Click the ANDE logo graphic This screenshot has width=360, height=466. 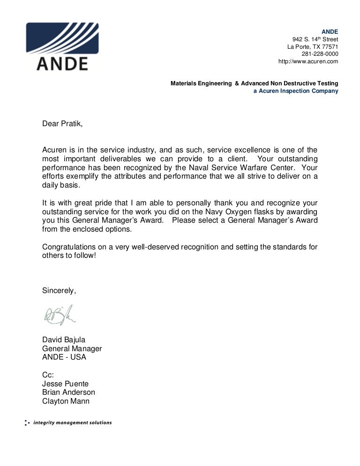(x=62, y=46)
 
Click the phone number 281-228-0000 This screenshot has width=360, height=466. (x=320, y=54)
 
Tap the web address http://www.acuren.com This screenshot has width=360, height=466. (x=308, y=61)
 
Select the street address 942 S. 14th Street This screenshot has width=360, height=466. (x=315, y=39)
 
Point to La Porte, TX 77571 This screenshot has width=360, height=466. (x=313, y=46)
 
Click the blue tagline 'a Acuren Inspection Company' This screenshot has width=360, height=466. (x=296, y=91)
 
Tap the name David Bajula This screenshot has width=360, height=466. (x=64, y=340)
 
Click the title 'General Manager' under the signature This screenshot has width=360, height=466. (x=72, y=348)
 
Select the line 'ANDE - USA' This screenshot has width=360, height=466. (x=64, y=357)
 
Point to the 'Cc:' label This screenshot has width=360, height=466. (x=48, y=375)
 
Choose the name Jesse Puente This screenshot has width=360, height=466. (x=65, y=383)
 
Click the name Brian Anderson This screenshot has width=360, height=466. (x=68, y=392)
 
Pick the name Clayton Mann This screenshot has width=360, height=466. (x=66, y=401)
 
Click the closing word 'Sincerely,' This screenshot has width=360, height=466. (x=59, y=290)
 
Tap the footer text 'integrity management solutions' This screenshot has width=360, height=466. (x=72, y=423)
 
